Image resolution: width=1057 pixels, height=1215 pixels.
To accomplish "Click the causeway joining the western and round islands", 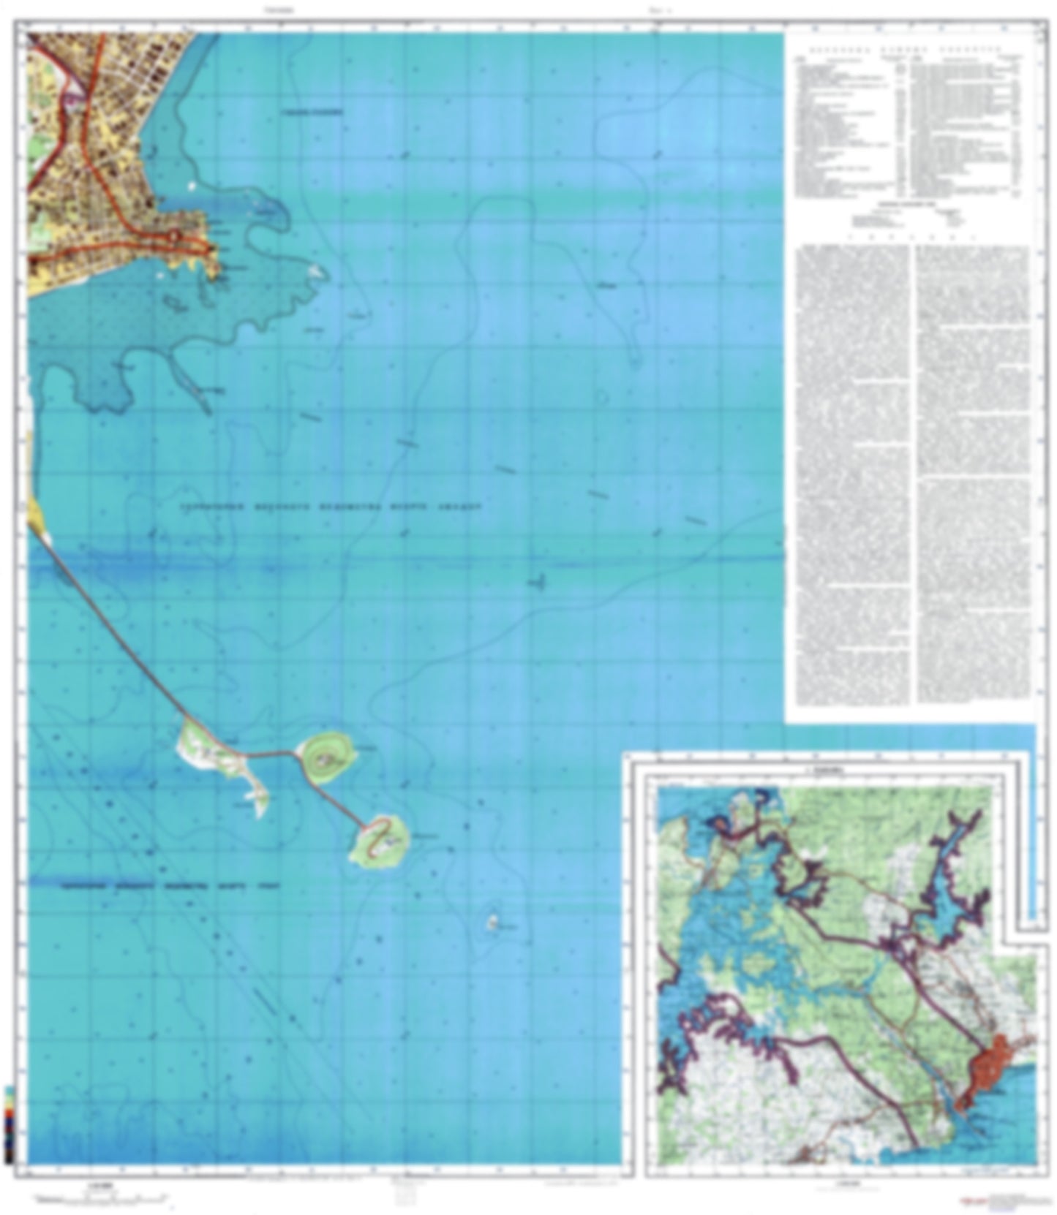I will click(271, 753).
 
